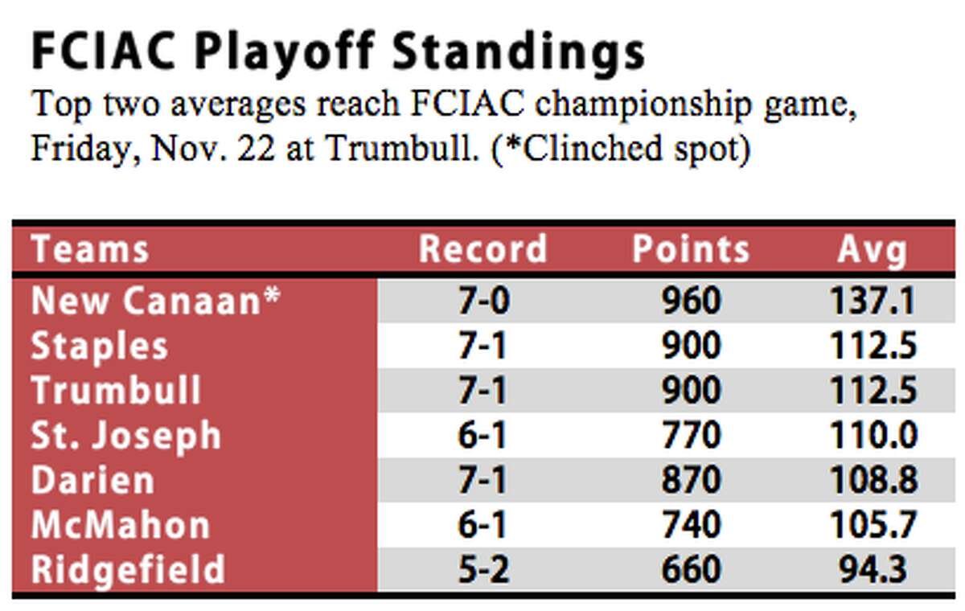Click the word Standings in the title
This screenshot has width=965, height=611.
click(519, 54)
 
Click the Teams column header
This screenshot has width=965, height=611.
click(90, 249)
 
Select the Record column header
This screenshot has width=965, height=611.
click(483, 249)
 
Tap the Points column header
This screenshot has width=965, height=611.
click(691, 249)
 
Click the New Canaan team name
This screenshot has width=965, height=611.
click(156, 300)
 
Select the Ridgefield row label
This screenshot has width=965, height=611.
click(129, 569)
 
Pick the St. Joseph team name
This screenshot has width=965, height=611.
click(126, 436)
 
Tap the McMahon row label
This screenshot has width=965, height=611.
click(121, 524)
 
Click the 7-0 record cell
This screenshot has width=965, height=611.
click(484, 301)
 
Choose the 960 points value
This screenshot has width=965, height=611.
click(692, 301)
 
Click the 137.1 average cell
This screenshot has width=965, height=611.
click(873, 301)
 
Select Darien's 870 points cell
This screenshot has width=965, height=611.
click(692, 480)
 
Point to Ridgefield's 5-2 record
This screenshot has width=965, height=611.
click(484, 569)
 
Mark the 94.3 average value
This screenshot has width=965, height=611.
click(873, 569)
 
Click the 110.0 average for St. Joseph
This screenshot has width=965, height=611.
click(873, 435)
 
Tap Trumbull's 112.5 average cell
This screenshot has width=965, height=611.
click(873, 390)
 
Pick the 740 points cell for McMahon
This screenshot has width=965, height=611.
click(692, 524)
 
